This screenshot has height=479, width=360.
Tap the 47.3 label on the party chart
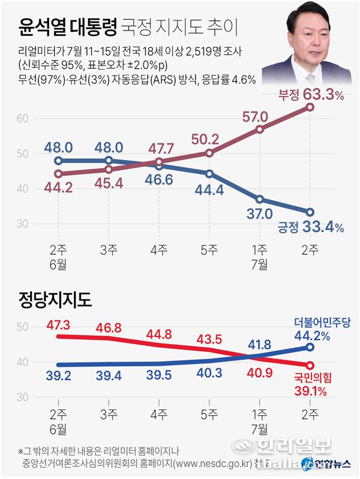pyautogui.click(x=58, y=325)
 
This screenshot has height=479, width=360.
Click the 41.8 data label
pyautogui.click(x=259, y=344)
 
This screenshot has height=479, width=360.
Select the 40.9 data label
pyautogui.click(x=259, y=372)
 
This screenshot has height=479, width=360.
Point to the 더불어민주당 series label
pyautogui.click(x=322, y=322)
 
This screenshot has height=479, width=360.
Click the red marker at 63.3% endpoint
pyautogui.click(x=310, y=107)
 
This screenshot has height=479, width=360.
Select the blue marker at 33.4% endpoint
pyautogui.click(x=310, y=212)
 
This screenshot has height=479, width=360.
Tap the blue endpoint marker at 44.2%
pyautogui.click(x=310, y=347)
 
